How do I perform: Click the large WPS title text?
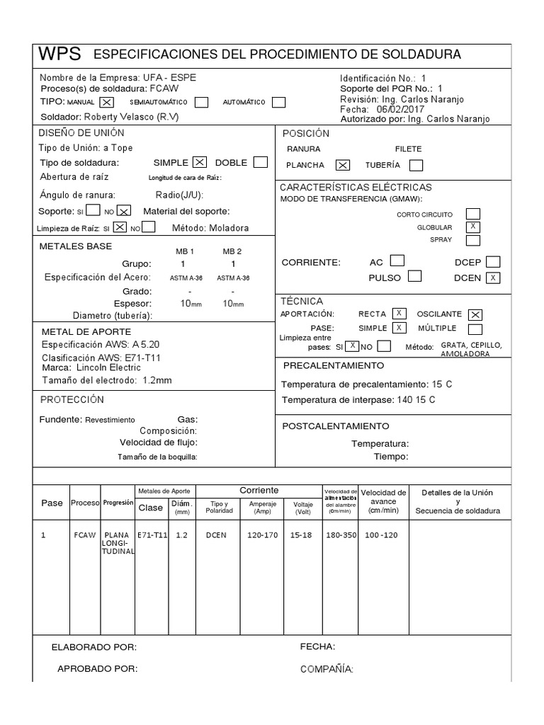click(x=59, y=55)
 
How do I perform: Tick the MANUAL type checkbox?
click(x=107, y=102)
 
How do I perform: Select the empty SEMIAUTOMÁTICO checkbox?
click(x=201, y=102)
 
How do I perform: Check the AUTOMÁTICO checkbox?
click(x=279, y=102)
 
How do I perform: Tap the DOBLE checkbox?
click(x=260, y=162)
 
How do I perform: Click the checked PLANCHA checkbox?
click(x=342, y=165)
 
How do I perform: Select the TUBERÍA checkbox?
click(x=416, y=165)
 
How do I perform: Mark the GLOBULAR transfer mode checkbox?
click(x=472, y=227)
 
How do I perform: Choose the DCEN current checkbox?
click(x=493, y=278)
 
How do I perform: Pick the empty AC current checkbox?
click(x=398, y=261)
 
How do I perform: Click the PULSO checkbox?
click(x=415, y=277)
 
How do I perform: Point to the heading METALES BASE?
click(x=76, y=246)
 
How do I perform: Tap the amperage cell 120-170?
click(x=263, y=535)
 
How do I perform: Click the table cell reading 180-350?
click(x=341, y=535)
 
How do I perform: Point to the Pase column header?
click(x=52, y=503)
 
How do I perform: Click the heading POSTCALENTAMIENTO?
click(x=336, y=426)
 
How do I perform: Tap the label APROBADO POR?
click(x=97, y=668)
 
